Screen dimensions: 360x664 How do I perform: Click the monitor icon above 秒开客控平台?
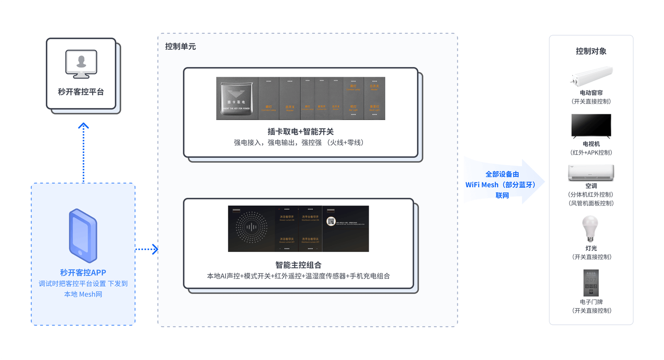81,64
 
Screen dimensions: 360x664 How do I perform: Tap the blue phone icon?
83,235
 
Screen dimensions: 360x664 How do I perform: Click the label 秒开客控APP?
83,273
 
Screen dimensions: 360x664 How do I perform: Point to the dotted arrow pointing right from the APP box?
147,249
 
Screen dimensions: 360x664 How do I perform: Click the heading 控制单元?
180,47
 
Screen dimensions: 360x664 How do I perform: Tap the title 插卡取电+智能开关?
300,132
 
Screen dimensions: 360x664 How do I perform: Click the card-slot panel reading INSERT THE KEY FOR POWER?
236,98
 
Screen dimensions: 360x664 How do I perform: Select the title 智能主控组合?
298,265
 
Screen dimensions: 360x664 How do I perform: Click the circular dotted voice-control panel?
251,228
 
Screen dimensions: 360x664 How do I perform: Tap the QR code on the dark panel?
331,222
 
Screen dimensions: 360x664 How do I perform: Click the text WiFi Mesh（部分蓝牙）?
502,185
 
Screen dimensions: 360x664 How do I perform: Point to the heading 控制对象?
591,51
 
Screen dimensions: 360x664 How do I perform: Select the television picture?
591,126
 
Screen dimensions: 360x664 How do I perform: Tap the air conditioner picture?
591,172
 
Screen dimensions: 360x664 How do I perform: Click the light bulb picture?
590,228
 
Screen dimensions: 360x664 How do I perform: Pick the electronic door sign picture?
591,283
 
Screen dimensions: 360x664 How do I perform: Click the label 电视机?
591,144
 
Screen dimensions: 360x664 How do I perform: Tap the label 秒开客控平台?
81,92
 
